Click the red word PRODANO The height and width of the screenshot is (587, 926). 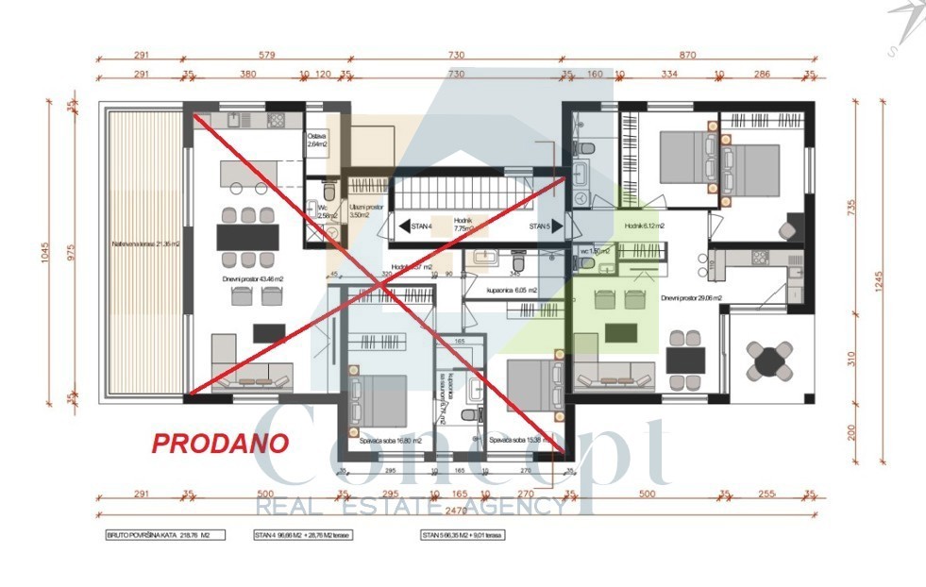[x=221, y=443]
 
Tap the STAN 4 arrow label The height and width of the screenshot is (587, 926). [x=416, y=226]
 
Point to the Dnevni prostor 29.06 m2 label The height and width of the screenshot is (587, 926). [x=691, y=298]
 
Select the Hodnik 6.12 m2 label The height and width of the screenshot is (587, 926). [x=645, y=226]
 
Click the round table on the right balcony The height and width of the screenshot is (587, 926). [x=771, y=360]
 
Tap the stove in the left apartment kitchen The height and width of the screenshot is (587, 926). [x=277, y=121]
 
